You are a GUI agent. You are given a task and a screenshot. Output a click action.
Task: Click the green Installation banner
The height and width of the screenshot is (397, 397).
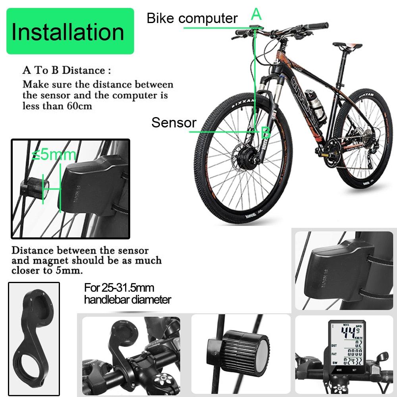tap(70, 31)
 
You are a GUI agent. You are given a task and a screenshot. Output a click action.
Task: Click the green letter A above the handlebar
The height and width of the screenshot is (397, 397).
tap(256, 15)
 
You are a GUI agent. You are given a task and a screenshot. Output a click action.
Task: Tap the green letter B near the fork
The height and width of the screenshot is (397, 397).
tap(265, 132)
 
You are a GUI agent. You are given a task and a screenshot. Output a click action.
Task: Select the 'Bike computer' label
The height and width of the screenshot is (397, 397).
tap(192, 18)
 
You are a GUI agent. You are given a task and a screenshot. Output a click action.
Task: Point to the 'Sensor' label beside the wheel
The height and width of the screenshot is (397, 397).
tap(173, 123)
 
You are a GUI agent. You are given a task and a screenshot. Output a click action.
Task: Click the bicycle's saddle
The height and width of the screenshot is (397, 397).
tap(347, 45)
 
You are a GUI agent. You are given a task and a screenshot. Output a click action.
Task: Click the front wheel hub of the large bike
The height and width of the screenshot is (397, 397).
tap(243, 152)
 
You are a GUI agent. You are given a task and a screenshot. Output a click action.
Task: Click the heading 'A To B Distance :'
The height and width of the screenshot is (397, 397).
tap(66, 71)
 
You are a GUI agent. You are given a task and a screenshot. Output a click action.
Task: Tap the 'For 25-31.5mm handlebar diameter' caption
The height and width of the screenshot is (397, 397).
tap(127, 293)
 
